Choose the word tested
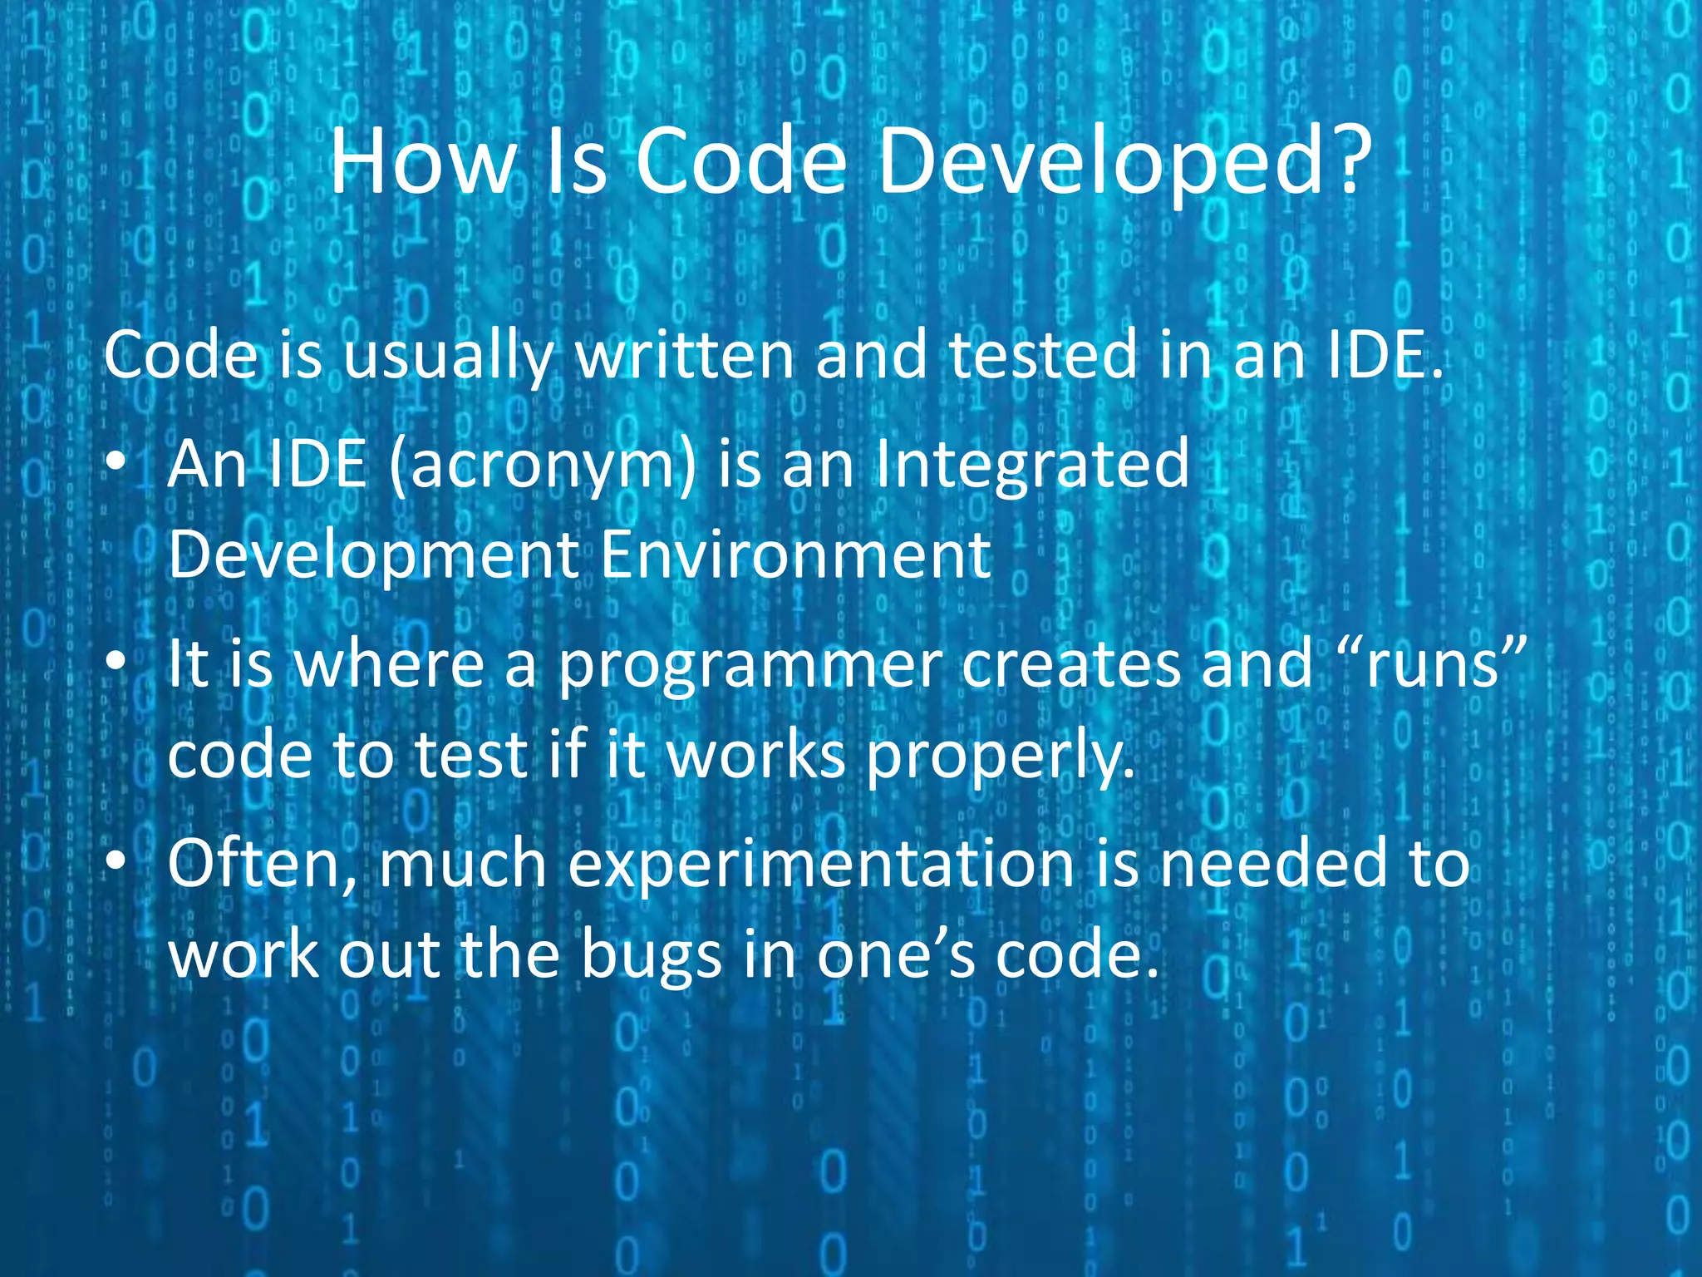(x=1042, y=355)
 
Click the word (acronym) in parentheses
(x=542, y=466)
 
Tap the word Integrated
(x=1032, y=466)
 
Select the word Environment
(x=795, y=555)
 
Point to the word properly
(x=999, y=757)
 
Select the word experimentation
(x=821, y=865)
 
